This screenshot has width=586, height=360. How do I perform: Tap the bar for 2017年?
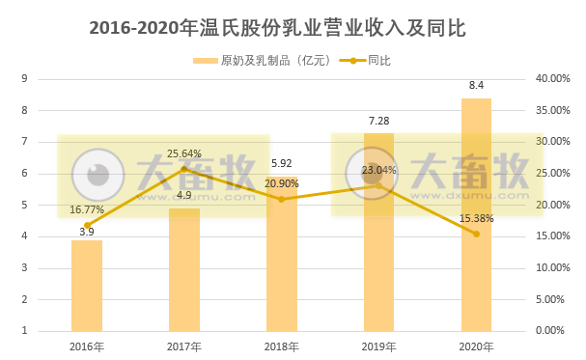pos(184,270)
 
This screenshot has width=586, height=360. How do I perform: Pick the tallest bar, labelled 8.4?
pos(476,214)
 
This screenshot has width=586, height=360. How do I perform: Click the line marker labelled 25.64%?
pos(184,169)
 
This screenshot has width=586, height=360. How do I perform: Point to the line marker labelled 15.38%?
pos(476,234)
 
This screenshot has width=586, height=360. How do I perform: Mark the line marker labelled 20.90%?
pos(281,199)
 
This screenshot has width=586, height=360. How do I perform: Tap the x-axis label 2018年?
pos(281,346)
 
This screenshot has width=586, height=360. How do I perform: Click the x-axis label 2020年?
pos(476,346)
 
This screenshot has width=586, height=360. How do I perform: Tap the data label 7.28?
pos(378,121)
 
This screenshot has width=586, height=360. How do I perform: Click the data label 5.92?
pos(281,163)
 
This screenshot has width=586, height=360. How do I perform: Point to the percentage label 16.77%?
pos(87,208)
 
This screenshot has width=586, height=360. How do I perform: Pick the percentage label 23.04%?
pos(379,170)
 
